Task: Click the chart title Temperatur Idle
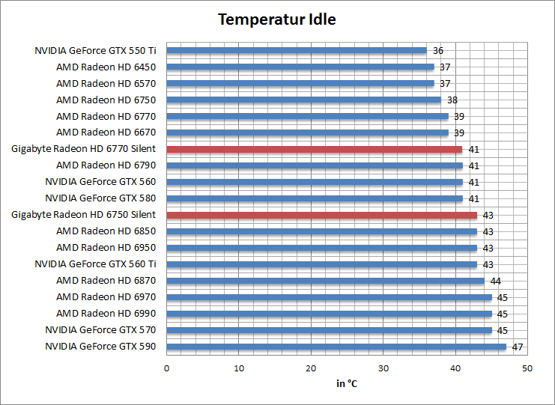coord(277,19)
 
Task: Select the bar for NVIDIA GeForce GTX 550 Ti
coord(296,51)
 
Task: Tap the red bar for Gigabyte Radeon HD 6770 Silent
coord(314,149)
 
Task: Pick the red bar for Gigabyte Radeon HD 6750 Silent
coord(321,215)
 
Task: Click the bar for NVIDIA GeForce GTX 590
coord(336,347)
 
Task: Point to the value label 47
coord(517,347)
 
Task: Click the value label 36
coord(438,51)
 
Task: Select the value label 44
coord(495,281)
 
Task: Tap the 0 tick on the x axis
coord(166,368)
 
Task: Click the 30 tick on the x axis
coord(383,368)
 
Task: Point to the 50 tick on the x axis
coord(527,368)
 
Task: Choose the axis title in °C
coord(347,384)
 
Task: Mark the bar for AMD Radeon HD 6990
coord(329,314)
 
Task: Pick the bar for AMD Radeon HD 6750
coord(303,100)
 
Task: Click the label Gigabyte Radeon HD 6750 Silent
coord(84,215)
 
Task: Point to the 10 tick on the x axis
coord(238,368)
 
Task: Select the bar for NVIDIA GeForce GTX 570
coord(329,330)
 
